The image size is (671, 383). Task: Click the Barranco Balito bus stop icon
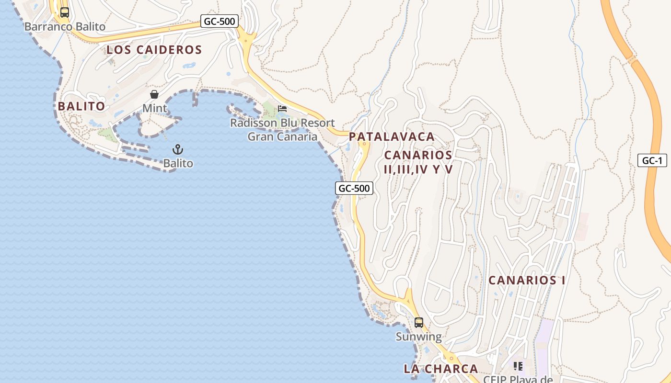(x=64, y=12)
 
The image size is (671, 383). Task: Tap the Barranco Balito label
(x=65, y=27)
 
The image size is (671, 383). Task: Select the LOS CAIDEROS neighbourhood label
(x=154, y=50)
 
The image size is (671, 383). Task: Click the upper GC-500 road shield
(x=220, y=21)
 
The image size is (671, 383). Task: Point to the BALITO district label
(x=81, y=106)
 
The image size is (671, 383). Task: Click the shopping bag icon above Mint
(x=154, y=94)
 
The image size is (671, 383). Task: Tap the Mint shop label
(x=155, y=108)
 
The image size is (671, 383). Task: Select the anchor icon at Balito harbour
(x=178, y=149)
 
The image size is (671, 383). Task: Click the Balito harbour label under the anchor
(x=178, y=163)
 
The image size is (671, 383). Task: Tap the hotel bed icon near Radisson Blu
(x=282, y=109)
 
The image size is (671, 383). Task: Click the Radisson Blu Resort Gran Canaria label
(x=282, y=130)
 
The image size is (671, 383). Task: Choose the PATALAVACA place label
(x=392, y=136)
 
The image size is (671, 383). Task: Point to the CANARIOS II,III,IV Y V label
(x=418, y=162)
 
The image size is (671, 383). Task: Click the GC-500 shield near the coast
(x=354, y=188)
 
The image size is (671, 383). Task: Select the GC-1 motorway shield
(x=652, y=160)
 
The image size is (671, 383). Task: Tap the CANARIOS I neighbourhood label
(x=527, y=280)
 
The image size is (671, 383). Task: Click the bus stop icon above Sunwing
(x=419, y=322)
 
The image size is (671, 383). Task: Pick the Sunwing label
(x=419, y=337)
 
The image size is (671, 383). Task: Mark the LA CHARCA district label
(x=441, y=369)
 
